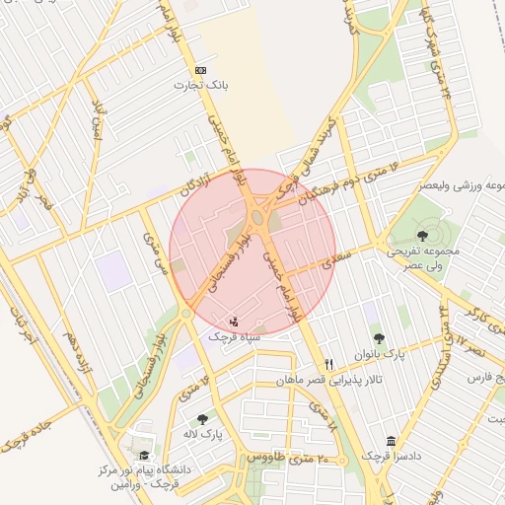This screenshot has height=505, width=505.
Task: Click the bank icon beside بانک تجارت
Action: tap(201, 71)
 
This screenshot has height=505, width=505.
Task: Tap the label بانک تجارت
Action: tap(210, 86)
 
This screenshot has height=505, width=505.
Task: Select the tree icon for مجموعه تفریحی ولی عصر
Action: tap(423, 235)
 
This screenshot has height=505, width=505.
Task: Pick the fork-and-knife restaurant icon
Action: tap(329, 365)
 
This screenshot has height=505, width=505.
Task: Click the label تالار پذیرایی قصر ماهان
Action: tap(315, 380)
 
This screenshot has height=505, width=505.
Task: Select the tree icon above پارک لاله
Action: tap(202, 419)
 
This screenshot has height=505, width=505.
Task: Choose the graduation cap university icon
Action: tap(145, 455)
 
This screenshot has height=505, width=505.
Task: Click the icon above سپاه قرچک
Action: tap(234, 321)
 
